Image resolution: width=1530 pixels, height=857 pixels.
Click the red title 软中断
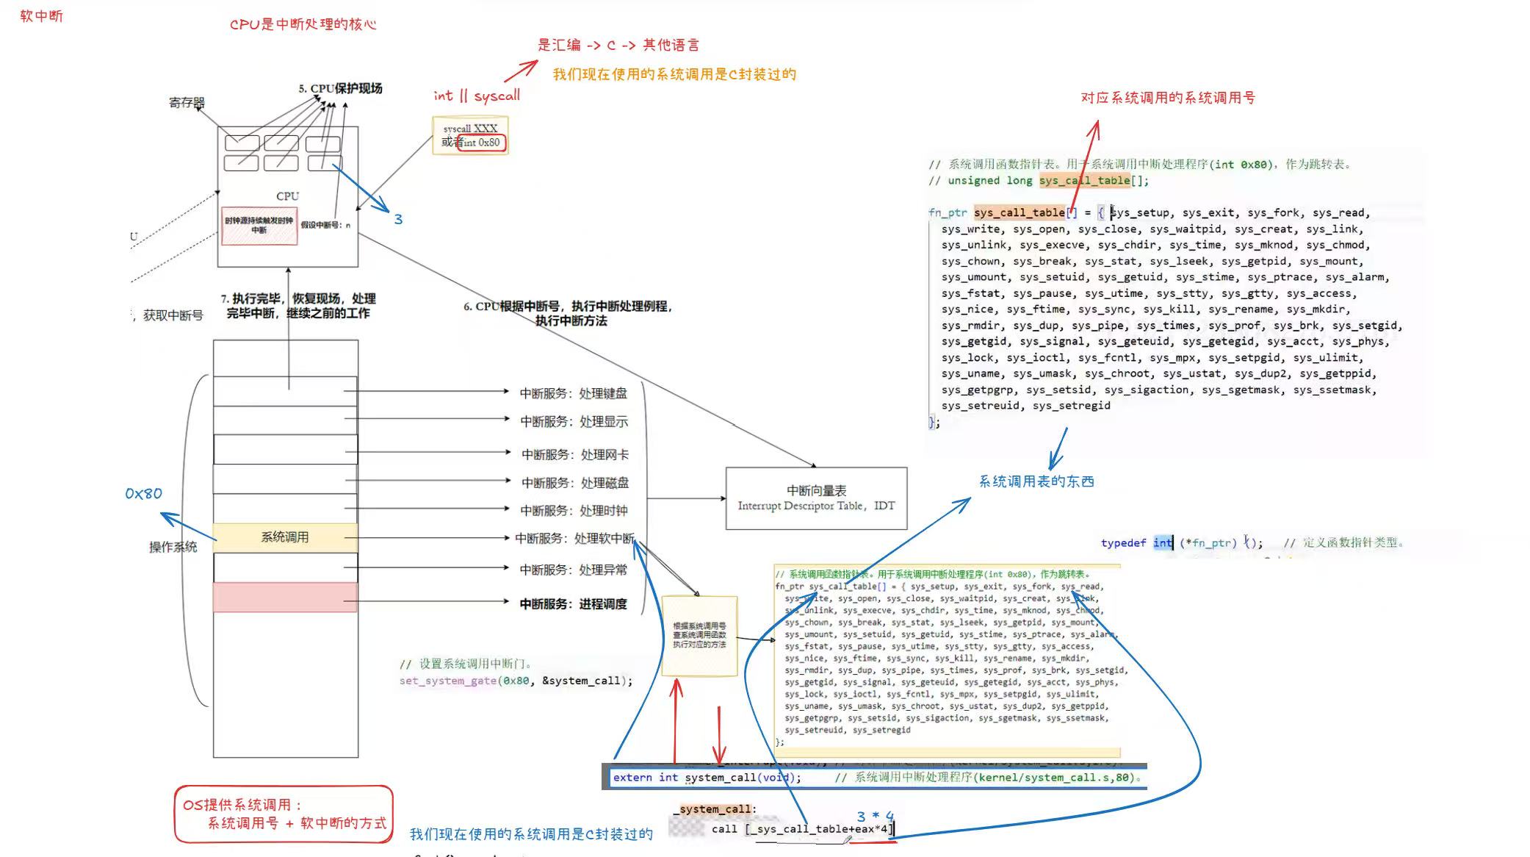pos(41,16)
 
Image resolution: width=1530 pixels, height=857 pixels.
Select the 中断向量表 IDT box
pos(816,498)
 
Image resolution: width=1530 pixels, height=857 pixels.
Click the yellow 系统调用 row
pos(285,537)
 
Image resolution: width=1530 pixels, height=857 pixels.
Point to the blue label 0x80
pos(143,494)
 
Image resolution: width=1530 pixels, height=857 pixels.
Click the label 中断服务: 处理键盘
pos(574,393)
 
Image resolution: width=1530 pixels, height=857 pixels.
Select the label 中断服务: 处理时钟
pos(574,510)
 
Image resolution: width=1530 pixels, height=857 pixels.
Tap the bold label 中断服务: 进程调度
pos(573,603)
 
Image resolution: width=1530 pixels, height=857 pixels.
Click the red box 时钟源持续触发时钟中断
pos(259,225)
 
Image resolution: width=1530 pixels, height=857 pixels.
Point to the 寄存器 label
pos(187,103)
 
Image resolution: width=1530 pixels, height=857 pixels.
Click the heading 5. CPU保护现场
pos(340,88)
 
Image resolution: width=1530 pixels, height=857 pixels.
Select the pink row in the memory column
pos(285,597)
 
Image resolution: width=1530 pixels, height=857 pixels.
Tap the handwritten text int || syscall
pos(477,96)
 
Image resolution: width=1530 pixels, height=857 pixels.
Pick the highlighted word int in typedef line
pos(1163,542)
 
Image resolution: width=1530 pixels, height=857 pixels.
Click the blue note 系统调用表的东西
pos(1036,481)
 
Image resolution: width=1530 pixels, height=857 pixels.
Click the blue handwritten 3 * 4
pos(875,817)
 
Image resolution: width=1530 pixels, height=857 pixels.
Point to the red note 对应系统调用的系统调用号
pos(1168,98)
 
